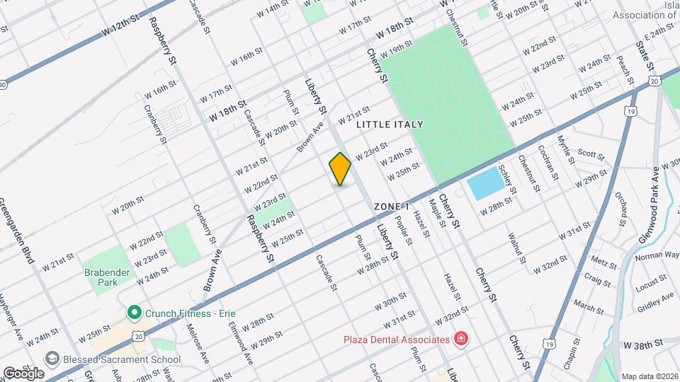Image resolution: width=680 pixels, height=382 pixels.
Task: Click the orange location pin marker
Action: point(340,168)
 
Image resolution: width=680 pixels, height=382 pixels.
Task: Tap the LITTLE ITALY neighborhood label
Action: point(390,125)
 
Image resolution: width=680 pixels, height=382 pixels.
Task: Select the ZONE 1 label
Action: point(392,206)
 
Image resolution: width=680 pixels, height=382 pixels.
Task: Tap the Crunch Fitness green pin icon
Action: point(132,312)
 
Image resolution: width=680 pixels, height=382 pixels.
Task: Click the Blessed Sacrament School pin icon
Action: point(50,359)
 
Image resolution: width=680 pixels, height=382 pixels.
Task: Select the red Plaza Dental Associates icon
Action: point(462,340)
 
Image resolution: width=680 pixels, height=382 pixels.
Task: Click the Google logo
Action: point(23,373)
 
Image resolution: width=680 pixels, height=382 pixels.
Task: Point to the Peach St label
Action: point(624,67)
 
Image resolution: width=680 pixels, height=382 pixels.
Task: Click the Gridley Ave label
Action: point(656,303)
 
